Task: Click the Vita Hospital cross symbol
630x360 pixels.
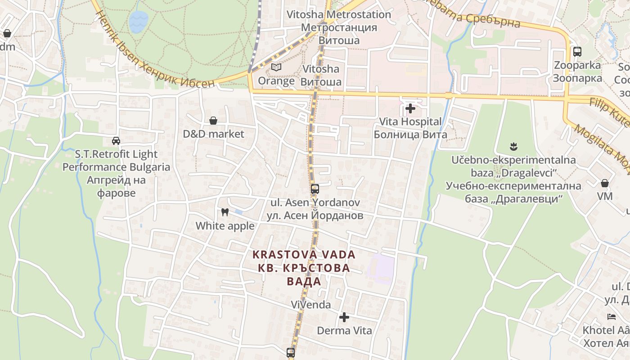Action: coord(410,108)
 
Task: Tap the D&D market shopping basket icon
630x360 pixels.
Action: coord(213,121)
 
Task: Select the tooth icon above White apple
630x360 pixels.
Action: coord(225,212)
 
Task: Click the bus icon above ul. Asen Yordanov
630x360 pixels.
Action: coord(315,189)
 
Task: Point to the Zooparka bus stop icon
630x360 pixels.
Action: coord(577,52)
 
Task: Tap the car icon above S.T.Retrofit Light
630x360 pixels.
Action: coord(116,141)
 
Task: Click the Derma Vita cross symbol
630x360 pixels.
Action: coord(344,317)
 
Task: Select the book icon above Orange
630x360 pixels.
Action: coord(276,67)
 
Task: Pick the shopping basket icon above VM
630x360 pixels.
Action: coord(605,183)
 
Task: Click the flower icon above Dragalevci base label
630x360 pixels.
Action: coord(513,146)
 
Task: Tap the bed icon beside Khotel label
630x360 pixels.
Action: coord(611,317)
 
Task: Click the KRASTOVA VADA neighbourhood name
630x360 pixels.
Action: coord(304,255)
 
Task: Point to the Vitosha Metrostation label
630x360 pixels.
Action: coord(339,14)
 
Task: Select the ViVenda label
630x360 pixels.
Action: coord(310,305)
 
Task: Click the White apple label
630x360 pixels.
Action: coord(225,226)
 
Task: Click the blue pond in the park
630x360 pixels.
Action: coord(138,22)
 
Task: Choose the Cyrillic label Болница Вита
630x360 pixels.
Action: coord(410,135)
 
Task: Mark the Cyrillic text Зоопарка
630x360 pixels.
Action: coord(577,78)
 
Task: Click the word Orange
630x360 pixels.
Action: coord(276,81)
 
